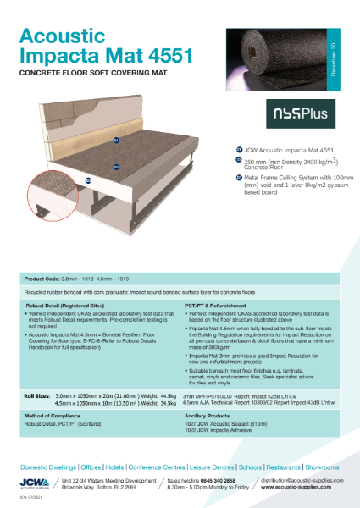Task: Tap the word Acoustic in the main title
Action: (69, 36)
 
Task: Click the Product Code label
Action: (47, 278)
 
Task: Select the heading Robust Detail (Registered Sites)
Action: (64, 304)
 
